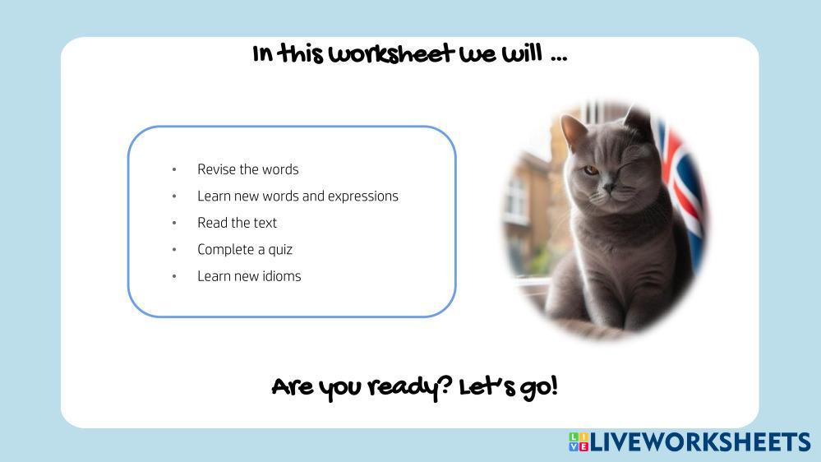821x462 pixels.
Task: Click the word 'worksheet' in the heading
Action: [x=391, y=54]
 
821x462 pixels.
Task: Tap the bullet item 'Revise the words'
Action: [x=247, y=169]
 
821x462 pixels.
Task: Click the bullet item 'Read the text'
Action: [x=237, y=223]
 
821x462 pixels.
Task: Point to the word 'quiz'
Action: [x=280, y=250]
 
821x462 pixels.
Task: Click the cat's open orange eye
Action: [x=591, y=170]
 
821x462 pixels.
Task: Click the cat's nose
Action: [x=608, y=187]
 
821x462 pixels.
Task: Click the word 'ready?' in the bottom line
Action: [x=409, y=387]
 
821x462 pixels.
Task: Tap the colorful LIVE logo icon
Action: [x=578, y=441]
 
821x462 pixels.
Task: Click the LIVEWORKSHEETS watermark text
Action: [x=700, y=442]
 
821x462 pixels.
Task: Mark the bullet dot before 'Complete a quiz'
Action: [x=174, y=249]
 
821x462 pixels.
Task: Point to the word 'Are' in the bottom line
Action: [x=291, y=388]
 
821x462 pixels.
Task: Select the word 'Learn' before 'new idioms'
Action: [x=214, y=276]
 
